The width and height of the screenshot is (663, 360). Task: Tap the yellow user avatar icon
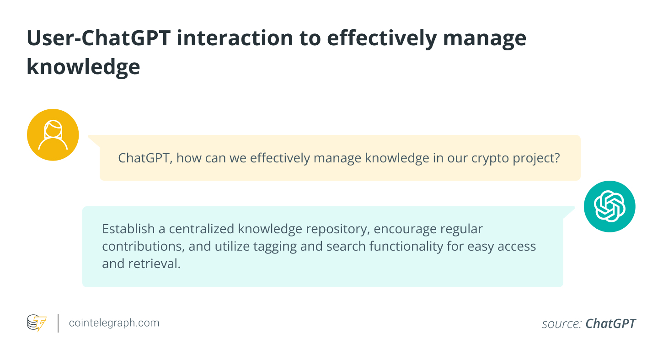coord(53,134)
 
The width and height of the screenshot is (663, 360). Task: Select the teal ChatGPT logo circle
coord(610,206)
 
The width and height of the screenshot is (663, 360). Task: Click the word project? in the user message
coord(536,158)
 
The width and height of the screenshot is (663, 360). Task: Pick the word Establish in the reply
coord(128,229)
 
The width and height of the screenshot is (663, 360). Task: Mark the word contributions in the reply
coord(143,246)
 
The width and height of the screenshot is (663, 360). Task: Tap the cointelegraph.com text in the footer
coord(114,323)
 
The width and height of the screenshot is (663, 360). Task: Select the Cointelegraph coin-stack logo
coord(37,322)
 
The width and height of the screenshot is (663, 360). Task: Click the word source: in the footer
coord(562,323)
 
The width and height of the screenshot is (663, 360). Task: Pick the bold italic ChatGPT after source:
coord(610,323)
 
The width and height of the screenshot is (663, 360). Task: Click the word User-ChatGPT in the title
coord(99,38)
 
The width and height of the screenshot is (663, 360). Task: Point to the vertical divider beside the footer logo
coord(58,323)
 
